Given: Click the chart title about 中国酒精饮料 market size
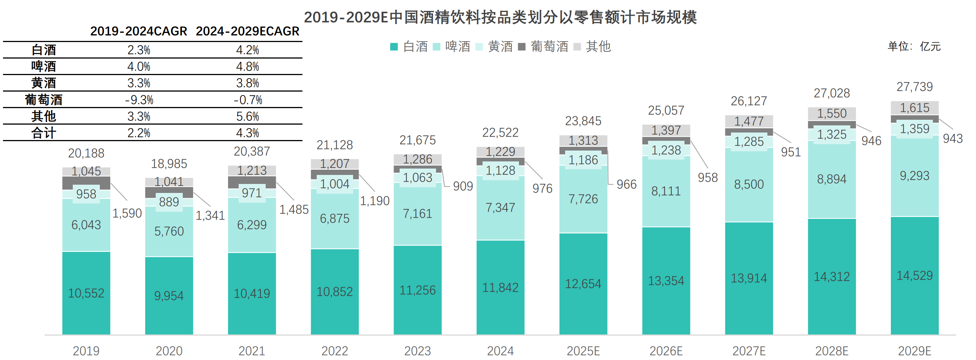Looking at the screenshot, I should [x=500, y=17].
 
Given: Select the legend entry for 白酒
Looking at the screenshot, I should [x=409, y=47].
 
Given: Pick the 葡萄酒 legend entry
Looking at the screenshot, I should [x=543, y=47].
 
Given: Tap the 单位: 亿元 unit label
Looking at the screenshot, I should [x=914, y=46].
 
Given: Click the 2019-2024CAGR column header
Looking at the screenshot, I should [x=139, y=31].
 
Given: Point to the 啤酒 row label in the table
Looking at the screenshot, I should [x=44, y=66].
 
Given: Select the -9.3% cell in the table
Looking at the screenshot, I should [x=139, y=99].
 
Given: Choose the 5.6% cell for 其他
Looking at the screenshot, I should [x=247, y=116].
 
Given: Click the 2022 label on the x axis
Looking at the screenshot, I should [x=335, y=351].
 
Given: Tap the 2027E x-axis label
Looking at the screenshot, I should [x=749, y=351].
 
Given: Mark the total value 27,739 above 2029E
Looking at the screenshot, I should [x=914, y=87].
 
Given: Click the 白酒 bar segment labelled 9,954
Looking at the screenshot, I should [x=169, y=295].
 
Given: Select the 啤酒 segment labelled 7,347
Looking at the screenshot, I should [x=500, y=208].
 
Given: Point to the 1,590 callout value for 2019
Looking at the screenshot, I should [x=127, y=213].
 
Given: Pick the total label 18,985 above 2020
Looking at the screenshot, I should [x=169, y=164].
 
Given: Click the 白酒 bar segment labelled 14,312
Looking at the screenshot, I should [x=832, y=277].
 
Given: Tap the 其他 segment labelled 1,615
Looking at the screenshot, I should [x=914, y=108].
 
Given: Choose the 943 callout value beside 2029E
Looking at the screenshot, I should [x=952, y=138].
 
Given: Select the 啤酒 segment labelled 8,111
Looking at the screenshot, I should [x=666, y=191].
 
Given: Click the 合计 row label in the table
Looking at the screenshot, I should [x=44, y=133].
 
